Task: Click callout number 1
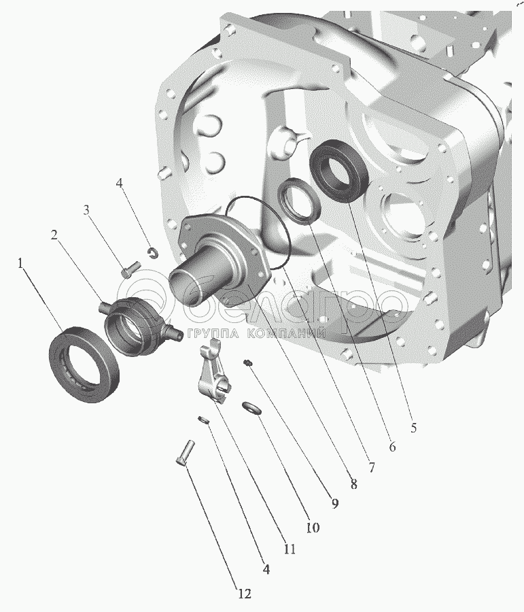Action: [20, 265]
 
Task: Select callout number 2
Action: [54, 235]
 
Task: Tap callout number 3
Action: [86, 210]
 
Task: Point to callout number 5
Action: [414, 428]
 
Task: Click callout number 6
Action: [392, 447]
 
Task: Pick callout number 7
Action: [372, 466]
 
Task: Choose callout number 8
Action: [353, 484]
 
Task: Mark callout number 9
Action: [335, 504]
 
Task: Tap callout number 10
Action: [313, 528]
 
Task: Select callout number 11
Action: [289, 549]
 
